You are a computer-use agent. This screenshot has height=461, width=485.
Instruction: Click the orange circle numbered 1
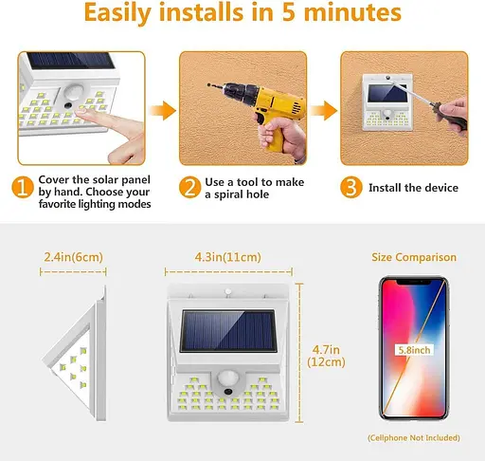pyautogui.click(x=23, y=187)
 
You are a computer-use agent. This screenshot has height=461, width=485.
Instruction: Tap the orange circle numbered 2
pyautogui.click(x=189, y=187)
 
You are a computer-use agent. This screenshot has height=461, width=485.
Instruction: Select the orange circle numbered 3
pyautogui.click(x=350, y=187)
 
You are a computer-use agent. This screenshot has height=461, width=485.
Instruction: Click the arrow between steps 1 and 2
pyautogui.click(x=163, y=111)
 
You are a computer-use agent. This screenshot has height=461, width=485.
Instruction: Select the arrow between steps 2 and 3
pyautogui.click(x=324, y=111)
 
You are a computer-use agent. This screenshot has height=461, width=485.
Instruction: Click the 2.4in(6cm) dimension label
pyautogui.click(x=73, y=257)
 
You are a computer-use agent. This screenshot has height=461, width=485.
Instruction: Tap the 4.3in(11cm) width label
pyautogui.click(x=227, y=257)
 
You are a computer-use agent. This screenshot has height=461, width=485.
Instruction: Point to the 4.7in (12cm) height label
pyautogui.click(x=326, y=356)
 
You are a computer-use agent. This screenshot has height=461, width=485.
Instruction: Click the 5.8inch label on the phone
pyautogui.click(x=414, y=350)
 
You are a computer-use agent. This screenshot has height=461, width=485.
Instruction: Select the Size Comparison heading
pyautogui.click(x=414, y=257)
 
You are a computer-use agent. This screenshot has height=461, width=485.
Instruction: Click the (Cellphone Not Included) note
pyautogui.click(x=414, y=438)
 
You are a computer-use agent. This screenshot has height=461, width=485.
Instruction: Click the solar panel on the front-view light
pyautogui.click(x=228, y=331)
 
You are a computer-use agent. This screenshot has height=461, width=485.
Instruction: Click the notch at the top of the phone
pyautogui.click(x=414, y=282)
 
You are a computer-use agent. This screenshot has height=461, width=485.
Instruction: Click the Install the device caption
pyautogui.click(x=413, y=188)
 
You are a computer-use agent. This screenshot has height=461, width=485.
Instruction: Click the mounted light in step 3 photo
pyautogui.click(x=387, y=101)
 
